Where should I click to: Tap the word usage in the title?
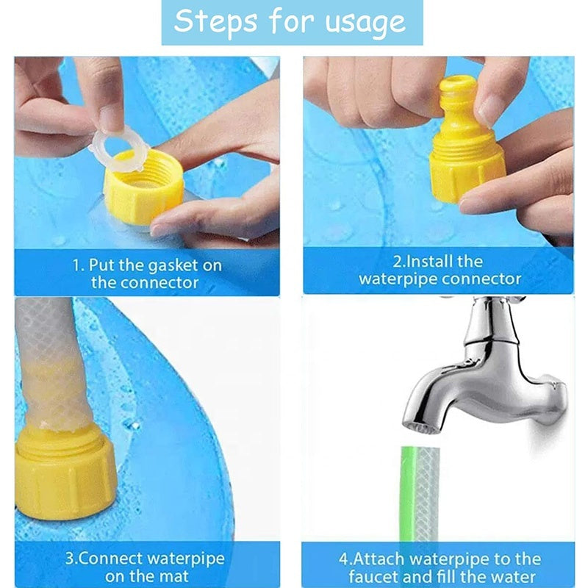(365, 22)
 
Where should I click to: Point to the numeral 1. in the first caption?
(78, 265)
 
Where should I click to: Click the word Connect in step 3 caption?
(129, 559)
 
